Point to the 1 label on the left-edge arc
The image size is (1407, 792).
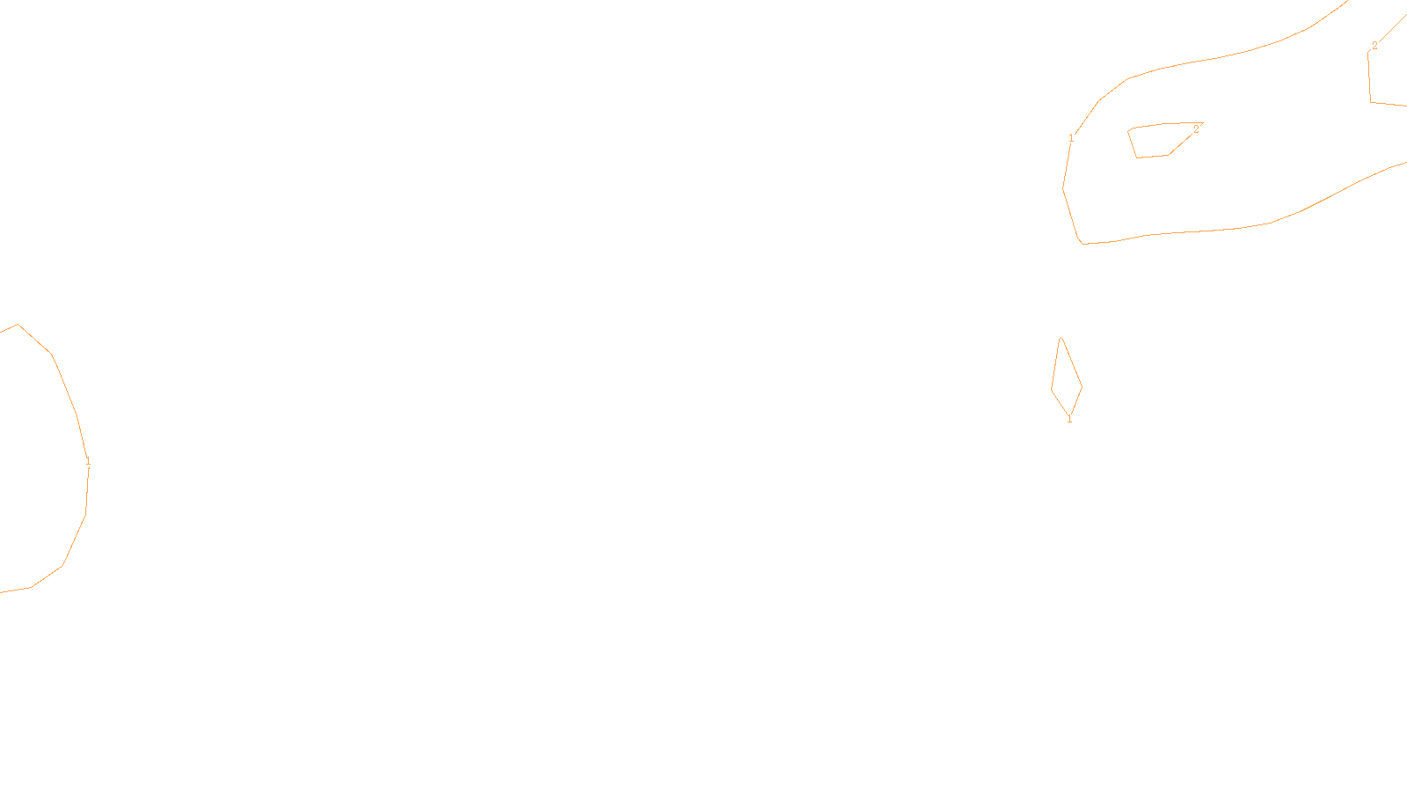point(88,461)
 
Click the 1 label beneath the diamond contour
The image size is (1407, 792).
point(1069,419)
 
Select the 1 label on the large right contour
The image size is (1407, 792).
point(1071,138)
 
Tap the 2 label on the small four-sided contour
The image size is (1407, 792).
point(1196,129)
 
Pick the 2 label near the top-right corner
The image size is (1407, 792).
point(1374,46)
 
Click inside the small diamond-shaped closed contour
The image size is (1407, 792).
point(1066,380)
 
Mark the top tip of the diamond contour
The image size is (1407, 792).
point(1061,338)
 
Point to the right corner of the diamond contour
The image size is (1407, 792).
point(1082,386)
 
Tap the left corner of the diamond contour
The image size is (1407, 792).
point(1052,390)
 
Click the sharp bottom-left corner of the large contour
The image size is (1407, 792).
point(1083,244)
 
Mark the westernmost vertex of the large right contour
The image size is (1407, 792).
point(1063,188)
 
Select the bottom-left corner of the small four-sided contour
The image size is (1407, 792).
point(1137,158)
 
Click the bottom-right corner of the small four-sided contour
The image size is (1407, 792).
point(1168,156)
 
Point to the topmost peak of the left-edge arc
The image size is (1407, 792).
point(18,325)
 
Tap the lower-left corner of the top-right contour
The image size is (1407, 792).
point(1371,102)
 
